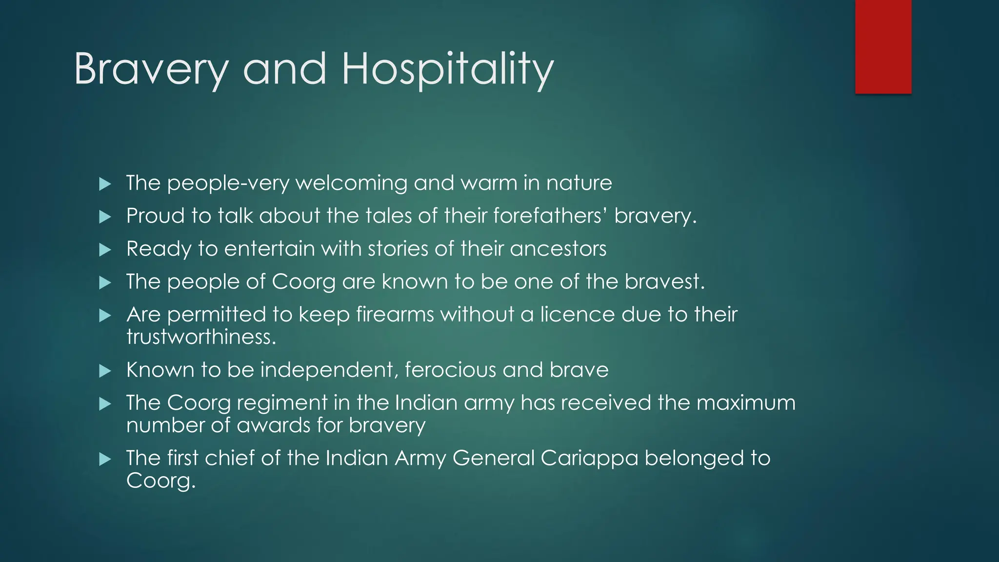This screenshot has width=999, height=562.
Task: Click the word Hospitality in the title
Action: tap(447, 69)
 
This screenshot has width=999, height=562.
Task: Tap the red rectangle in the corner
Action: tap(883, 46)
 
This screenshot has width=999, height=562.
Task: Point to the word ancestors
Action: tap(558, 249)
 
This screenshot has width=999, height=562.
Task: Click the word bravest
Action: tap(664, 281)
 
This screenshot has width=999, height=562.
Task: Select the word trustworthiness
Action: tap(201, 337)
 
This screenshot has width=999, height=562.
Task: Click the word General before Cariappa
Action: tap(493, 459)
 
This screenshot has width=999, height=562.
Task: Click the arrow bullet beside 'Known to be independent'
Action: tap(105, 371)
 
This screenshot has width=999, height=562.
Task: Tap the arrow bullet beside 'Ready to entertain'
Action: tap(105, 250)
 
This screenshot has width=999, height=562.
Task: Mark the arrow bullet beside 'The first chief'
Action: tap(105, 459)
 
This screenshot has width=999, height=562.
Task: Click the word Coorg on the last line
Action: tap(160, 481)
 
